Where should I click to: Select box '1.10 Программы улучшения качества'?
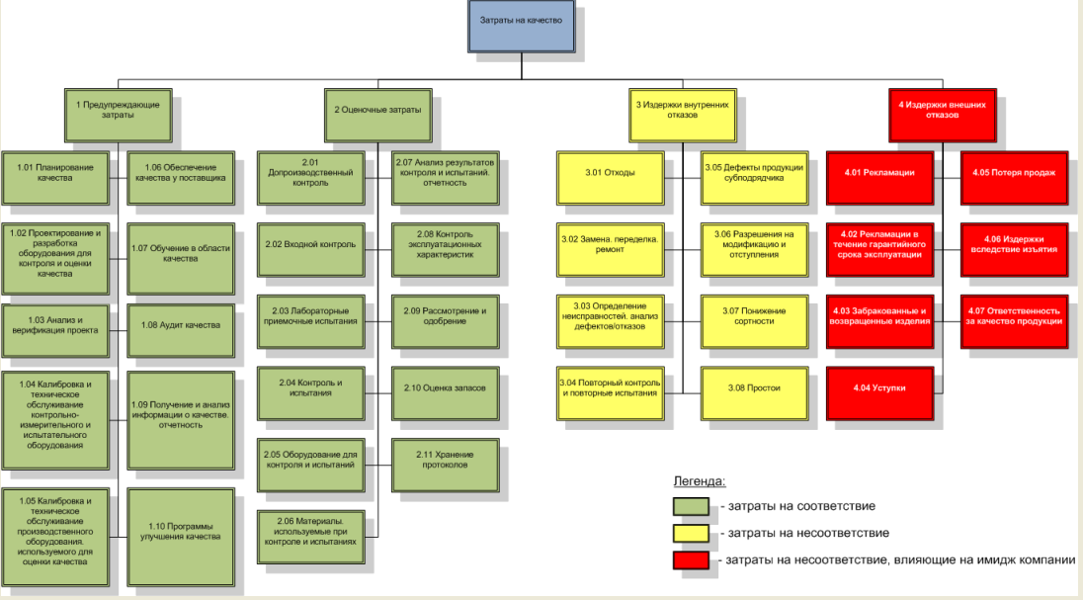pyautogui.click(x=181, y=531)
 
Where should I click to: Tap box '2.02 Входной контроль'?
pyautogui.click(x=309, y=243)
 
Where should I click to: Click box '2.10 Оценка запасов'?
pyautogui.click(x=444, y=387)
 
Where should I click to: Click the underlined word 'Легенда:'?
pyautogui.click(x=700, y=481)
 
